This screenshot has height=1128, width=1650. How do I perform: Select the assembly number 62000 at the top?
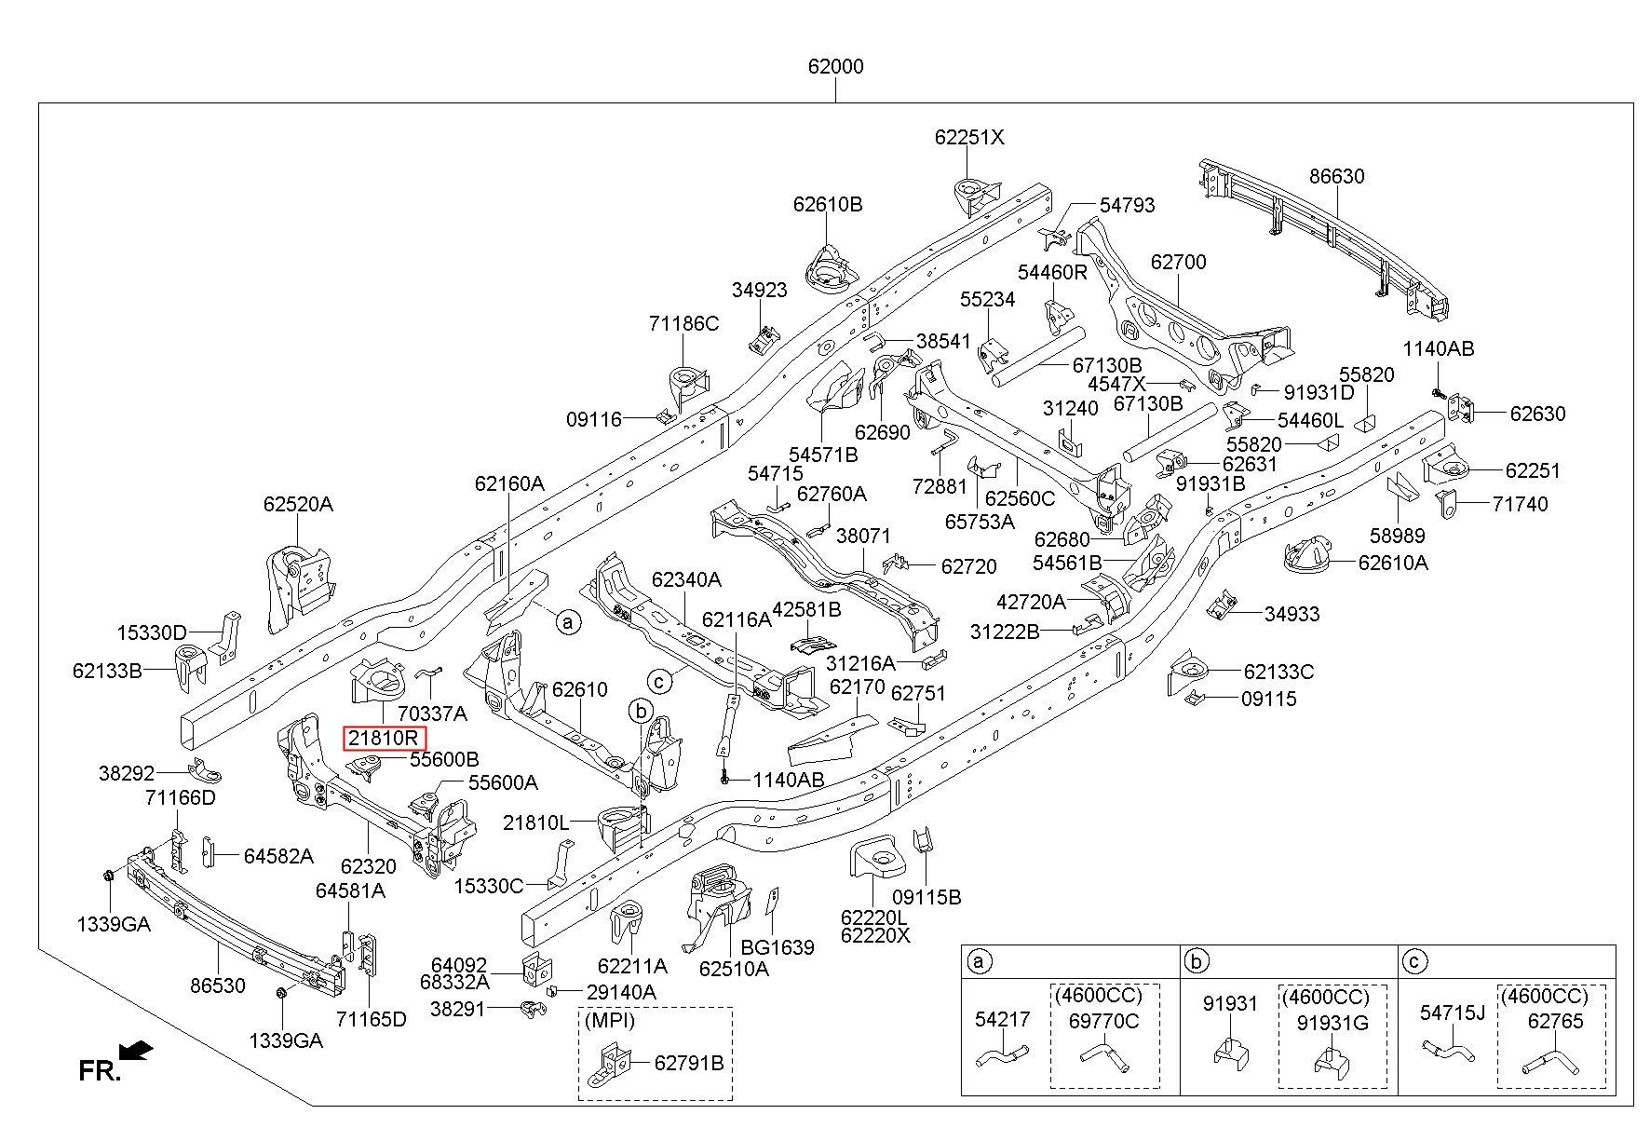pyautogui.click(x=835, y=67)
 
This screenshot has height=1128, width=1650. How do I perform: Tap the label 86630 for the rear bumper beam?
pyautogui.click(x=1336, y=176)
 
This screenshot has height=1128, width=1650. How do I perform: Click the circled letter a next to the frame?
pyautogui.click(x=567, y=621)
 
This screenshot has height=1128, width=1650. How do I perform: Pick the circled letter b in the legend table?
pyautogui.click(x=1197, y=961)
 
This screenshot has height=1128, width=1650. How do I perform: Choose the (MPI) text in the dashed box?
pyautogui.click(x=610, y=1020)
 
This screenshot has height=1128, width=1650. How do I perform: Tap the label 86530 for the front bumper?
pyautogui.click(x=218, y=985)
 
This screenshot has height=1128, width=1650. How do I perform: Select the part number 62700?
pyautogui.click(x=1178, y=262)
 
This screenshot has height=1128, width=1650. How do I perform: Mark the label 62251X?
pyautogui.click(x=969, y=137)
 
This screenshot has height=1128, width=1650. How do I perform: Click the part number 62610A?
pyautogui.click(x=1393, y=563)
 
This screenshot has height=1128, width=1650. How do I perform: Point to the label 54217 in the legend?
pyautogui.click(x=1003, y=1019)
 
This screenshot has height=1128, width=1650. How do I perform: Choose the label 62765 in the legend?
pyautogui.click(x=1555, y=1021)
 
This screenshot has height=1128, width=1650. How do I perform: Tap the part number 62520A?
pyautogui.click(x=298, y=504)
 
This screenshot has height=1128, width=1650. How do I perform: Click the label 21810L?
pyautogui.click(x=535, y=823)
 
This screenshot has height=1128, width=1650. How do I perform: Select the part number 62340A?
pyautogui.click(x=686, y=579)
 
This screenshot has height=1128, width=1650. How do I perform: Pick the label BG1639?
pyautogui.click(x=778, y=947)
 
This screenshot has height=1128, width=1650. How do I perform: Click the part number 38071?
pyautogui.click(x=863, y=537)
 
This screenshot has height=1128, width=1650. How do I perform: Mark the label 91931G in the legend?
pyautogui.click(x=1333, y=1022)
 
